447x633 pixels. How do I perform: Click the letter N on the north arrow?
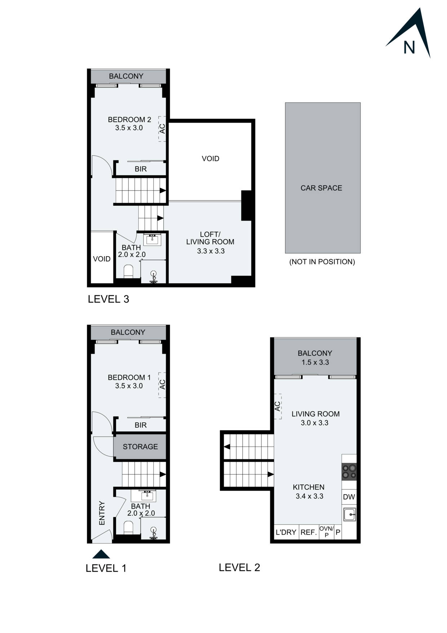[409, 48]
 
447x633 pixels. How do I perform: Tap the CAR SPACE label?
[321, 188]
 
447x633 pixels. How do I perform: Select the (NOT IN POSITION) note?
[322, 262]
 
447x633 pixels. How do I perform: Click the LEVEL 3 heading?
[108, 299]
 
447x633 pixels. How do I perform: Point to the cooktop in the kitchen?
[349, 471]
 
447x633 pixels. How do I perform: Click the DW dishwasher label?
[349, 497]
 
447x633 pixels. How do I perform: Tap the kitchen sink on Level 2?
[349, 514]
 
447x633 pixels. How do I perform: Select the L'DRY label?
[286, 532]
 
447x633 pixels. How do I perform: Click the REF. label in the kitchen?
[309, 532]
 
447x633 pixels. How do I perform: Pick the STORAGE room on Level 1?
[140, 447]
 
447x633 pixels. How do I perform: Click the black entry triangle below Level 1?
[101, 554]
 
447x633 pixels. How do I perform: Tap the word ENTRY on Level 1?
[102, 513]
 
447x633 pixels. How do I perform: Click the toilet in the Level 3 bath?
[128, 271]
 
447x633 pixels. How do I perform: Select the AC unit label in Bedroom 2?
[162, 129]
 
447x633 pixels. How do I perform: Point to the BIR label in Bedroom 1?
[141, 425]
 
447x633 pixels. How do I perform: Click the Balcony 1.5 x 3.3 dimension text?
[315, 362]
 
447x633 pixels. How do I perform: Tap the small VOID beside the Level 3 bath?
[102, 259]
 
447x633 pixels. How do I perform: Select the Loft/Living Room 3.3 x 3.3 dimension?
[211, 251]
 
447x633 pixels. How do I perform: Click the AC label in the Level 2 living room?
[277, 406]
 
